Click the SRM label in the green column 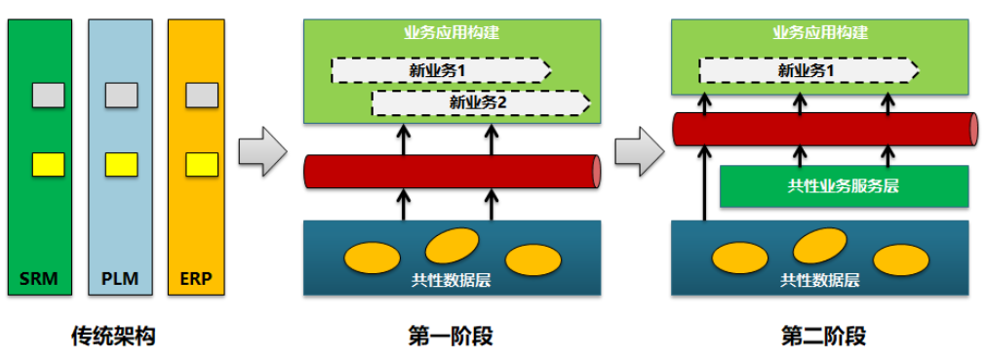coord(39,280)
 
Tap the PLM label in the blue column coord(120,280)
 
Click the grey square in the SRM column coord(48,95)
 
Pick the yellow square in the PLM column coord(121,164)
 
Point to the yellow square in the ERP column coord(201,164)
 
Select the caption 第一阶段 coord(450,337)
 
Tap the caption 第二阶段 coord(823,337)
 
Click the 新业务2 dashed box coord(481,102)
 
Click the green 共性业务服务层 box coord(844,186)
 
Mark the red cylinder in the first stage coord(452,171)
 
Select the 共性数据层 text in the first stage coord(452,280)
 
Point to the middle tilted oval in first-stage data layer coord(452,244)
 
